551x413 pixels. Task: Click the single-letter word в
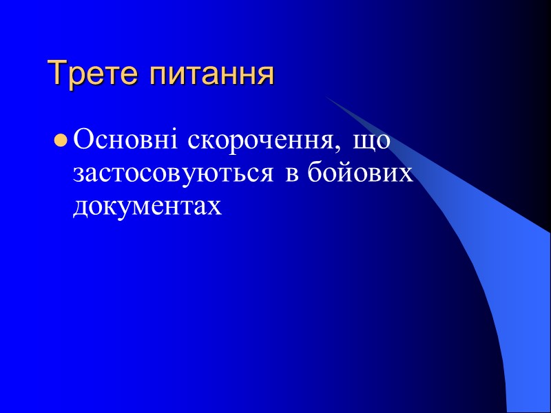tap(291, 175)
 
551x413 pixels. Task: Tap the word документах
tap(147, 206)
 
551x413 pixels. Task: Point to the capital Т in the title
tap(55, 74)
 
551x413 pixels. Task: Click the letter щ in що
tap(364, 144)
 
